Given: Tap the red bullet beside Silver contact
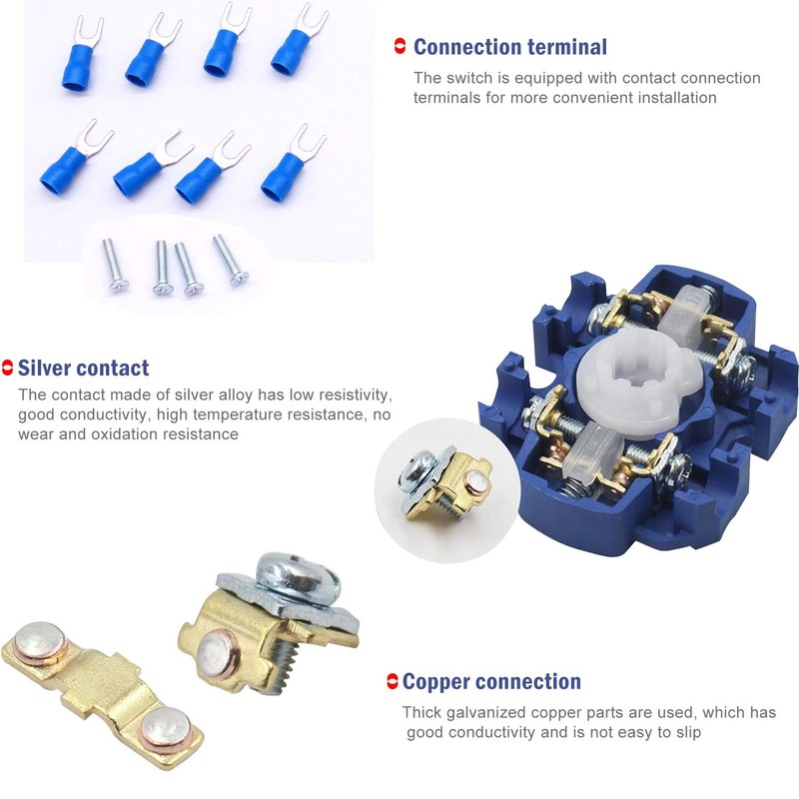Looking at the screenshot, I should click(8, 368).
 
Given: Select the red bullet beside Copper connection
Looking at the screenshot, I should click(393, 682).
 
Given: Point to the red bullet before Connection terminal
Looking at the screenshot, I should click(400, 46).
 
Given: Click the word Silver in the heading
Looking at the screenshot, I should click(47, 368).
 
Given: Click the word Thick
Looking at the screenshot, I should click(422, 712).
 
